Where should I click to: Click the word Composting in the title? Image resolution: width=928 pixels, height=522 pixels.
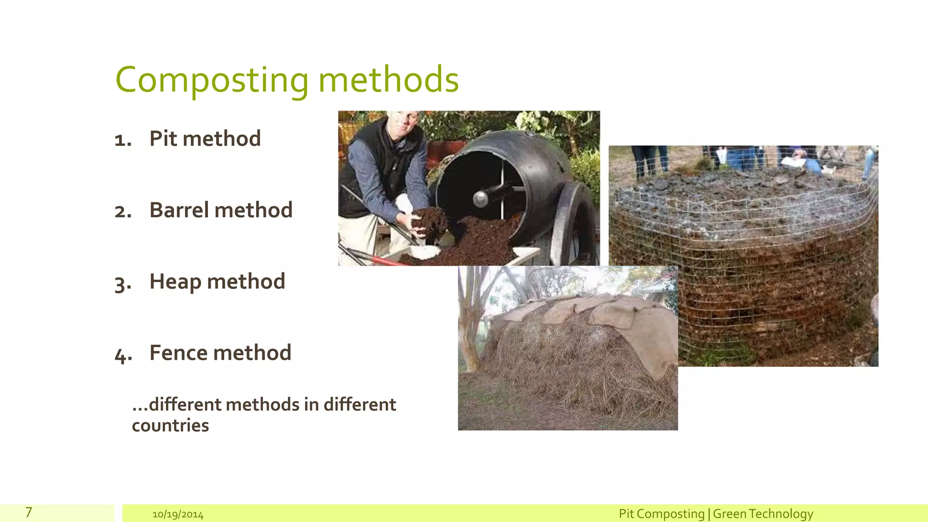(x=212, y=80)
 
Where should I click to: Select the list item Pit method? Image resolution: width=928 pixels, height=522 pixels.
(x=205, y=138)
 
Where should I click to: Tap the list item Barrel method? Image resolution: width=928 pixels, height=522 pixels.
(x=221, y=210)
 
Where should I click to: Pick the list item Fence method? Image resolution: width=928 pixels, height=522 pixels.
(x=220, y=353)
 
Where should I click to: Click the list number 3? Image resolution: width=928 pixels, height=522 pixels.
(x=123, y=284)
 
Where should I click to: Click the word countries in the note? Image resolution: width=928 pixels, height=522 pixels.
(x=170, y=425)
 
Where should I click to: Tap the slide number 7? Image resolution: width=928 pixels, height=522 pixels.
(x=29, y=512)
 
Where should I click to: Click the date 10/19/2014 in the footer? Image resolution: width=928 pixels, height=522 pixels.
(x=178, y=515)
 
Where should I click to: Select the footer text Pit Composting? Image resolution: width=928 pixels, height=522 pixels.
(x=661, y=514)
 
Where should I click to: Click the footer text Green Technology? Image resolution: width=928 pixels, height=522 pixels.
(x=763, y=514)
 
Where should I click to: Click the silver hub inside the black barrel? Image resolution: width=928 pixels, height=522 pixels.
(x=480, y=198)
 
